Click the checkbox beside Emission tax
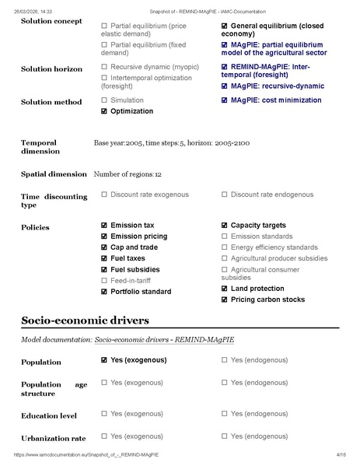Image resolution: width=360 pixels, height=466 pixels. click(104, 226)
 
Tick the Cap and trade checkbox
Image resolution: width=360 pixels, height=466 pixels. click(104, 247)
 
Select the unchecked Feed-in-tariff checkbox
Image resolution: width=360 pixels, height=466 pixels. click(104, 280)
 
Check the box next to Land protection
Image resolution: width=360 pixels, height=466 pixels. click(225, 289)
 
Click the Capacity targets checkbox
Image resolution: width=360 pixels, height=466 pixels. click(225, 226)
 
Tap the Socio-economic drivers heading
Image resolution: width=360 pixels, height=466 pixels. click(85, 320)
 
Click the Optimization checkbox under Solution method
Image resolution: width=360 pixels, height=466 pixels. click(104, 111)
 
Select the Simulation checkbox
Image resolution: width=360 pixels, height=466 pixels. click(104, 100)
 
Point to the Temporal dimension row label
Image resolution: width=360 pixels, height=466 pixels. click(40, 147)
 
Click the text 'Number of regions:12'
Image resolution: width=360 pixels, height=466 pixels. click(128, 174)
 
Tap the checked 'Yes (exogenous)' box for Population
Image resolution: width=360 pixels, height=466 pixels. click(104, 361)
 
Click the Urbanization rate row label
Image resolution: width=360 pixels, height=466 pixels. click(53, 438)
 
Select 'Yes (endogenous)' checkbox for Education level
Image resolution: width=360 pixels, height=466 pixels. click(225, 414)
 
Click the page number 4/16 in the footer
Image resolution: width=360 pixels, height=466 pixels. click(341, 454)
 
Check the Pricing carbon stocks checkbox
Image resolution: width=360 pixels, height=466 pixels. click(225, 300)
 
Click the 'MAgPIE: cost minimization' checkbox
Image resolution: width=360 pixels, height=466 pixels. click(225, 100)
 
